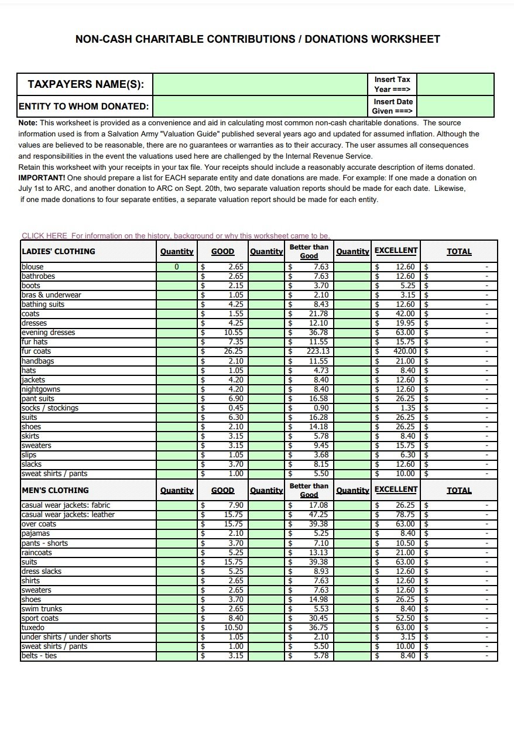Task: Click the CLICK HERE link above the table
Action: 44,235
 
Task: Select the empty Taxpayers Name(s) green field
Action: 261,84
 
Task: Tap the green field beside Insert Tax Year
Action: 455,84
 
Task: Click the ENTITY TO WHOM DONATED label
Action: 84,107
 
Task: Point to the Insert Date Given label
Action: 393,106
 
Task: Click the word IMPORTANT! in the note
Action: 42,177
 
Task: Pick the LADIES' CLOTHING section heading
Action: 58,251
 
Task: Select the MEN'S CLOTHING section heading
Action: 55,490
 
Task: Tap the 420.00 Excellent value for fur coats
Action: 405,351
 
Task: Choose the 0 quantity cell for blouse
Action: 176,267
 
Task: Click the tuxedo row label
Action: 33,627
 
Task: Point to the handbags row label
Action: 37,361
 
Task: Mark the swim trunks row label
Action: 42,608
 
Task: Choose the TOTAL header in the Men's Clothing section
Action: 459,490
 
